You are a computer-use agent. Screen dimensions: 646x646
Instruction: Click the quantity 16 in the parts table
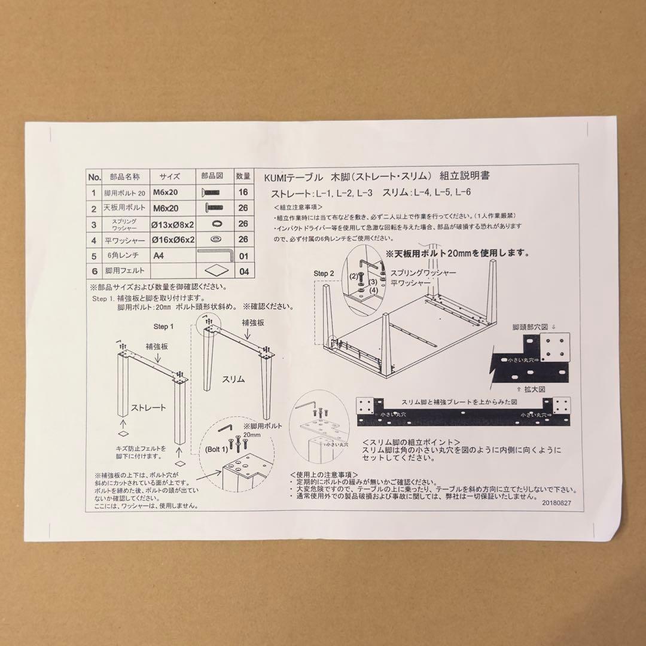click(x=243, y=193)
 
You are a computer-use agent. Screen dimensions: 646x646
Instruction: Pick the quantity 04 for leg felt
click(x=243, y=271)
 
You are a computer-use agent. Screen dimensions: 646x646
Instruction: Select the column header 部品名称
click(x=124, y=177)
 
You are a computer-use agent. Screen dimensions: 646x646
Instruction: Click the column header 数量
click(x=243, y=176)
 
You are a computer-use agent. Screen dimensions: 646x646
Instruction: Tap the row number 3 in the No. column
click(x=94, y=224)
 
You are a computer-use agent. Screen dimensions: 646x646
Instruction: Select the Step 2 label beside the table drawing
click(x=325, y=273)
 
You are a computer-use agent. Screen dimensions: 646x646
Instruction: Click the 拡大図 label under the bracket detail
click(x=535, y=388)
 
